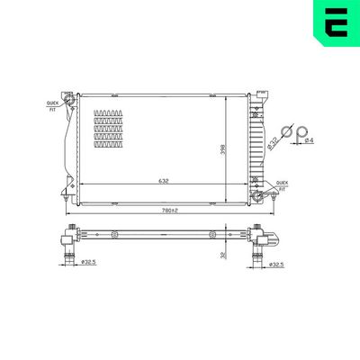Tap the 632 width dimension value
pyautogui.click(x=165, y=181)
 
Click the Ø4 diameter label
pyautogui.click(x=309, y=140)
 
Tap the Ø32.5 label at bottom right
pyautogui.click(x=280, y=265)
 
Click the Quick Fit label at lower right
pyautogui.click(x=282, y=184)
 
